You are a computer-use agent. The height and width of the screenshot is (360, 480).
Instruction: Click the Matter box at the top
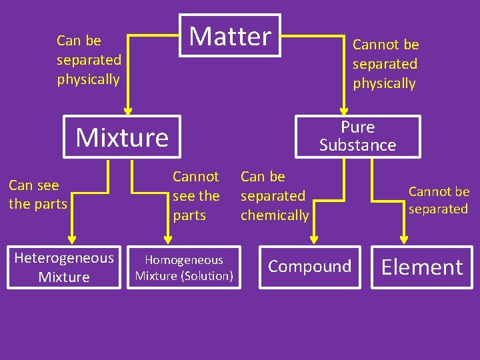230,35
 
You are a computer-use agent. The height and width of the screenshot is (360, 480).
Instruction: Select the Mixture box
122,137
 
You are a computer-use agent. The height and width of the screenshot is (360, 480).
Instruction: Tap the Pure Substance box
357,136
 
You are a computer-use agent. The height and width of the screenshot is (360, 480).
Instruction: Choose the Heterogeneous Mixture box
64,267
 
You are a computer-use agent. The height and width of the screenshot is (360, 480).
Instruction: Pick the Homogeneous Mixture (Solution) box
184,267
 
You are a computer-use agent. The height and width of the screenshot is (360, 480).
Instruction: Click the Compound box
309,267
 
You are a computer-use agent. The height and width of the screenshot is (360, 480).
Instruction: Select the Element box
421,267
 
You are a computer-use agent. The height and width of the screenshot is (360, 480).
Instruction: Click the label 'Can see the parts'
38,194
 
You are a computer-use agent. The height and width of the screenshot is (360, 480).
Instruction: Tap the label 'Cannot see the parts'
195,196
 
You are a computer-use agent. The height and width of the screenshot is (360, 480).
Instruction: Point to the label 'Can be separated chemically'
275,196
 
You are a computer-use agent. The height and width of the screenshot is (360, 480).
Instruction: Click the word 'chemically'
275,215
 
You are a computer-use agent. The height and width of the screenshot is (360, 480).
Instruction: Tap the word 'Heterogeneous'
64,258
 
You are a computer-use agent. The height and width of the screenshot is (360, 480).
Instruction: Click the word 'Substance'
357,145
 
